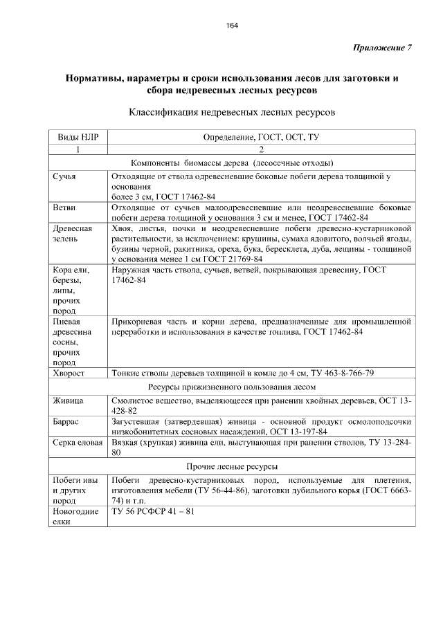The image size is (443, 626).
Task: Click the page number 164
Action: point(232,26)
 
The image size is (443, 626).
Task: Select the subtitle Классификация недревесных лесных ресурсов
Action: point(232,111)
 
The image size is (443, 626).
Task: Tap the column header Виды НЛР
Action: point(78,137)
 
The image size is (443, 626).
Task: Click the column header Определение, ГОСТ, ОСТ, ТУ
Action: point(261,137)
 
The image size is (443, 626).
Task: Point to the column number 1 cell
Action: point(78,149)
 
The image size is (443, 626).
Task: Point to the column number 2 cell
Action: point(261,149)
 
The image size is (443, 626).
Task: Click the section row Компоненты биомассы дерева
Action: point(232,163)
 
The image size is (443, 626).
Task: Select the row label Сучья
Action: point(64,176)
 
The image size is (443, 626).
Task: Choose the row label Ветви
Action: point(64,207)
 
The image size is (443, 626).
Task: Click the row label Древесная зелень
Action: point(73,232)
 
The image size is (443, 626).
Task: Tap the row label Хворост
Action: point(69,374)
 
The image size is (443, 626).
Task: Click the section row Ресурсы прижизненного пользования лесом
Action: point(232,387)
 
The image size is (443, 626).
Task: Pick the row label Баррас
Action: point(66,421)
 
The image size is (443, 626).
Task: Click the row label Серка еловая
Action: point(78,441)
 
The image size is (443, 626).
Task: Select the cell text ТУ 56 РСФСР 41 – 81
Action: point(152,512)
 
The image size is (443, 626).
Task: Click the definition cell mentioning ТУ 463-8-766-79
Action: point(243,374)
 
